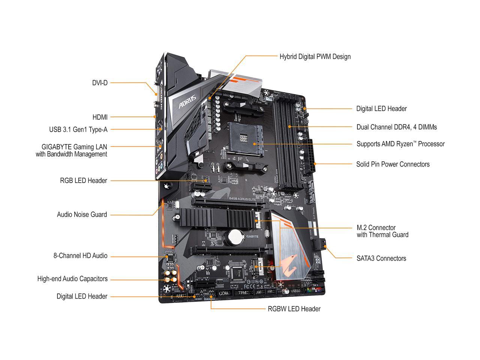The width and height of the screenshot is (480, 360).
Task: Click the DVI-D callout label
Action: tap(100, 82)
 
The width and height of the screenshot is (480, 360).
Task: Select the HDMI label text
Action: tap(100, 117)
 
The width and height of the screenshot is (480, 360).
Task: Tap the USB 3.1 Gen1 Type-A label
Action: tap(78, 130)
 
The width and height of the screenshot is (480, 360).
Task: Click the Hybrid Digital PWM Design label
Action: tap(315, 57)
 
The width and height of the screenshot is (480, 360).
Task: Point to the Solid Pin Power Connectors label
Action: tap(393, 164)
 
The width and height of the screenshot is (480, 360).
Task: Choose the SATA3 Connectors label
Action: tap(381, 258)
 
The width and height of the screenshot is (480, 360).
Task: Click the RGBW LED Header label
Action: tap(294, 309)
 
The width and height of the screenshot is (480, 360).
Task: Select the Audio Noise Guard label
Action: tap(82, 215)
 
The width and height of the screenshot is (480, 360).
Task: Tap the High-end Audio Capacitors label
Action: tap(72, 279)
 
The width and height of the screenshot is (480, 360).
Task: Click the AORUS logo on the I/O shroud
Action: tap(187, 100)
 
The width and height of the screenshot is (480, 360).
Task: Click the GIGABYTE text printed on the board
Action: tap(250, 237)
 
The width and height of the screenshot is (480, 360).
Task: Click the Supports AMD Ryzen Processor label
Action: tap(400, 144)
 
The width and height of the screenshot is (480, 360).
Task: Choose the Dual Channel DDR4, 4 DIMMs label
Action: tap(396, 127)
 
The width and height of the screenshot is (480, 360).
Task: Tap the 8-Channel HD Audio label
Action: tap(80, 256)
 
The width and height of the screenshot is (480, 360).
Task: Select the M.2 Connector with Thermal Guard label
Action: tap(382, 231)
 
